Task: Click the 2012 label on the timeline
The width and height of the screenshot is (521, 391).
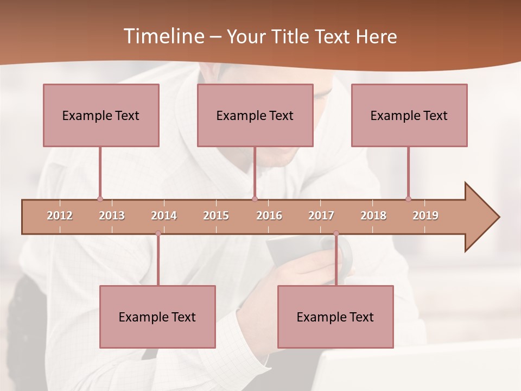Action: [60, 216]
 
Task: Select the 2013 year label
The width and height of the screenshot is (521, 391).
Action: [112, 216]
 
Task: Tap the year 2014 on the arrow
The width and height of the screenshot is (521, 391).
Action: [164, 216]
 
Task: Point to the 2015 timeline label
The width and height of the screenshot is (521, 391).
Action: [216, 216]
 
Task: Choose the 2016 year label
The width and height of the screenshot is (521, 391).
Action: [269, 216]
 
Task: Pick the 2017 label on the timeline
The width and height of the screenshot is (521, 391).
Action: [321, 216]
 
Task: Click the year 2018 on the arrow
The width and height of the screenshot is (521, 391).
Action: [373, 216]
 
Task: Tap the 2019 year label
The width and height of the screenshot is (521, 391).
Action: [425, 216]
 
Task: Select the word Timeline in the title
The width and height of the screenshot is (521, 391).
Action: [163, 36]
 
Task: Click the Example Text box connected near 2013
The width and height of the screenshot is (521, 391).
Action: [101, 115]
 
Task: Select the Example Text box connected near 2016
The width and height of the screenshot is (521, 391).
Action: [255, 115]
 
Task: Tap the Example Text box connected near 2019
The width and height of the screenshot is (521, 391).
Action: [409, 115]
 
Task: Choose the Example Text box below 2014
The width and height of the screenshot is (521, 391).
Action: [157, 317]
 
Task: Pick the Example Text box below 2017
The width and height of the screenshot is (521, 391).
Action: [335, 317]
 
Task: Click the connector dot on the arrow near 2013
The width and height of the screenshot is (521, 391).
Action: [100, 199]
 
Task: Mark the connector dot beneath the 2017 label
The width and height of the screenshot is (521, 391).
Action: [336, 234]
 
